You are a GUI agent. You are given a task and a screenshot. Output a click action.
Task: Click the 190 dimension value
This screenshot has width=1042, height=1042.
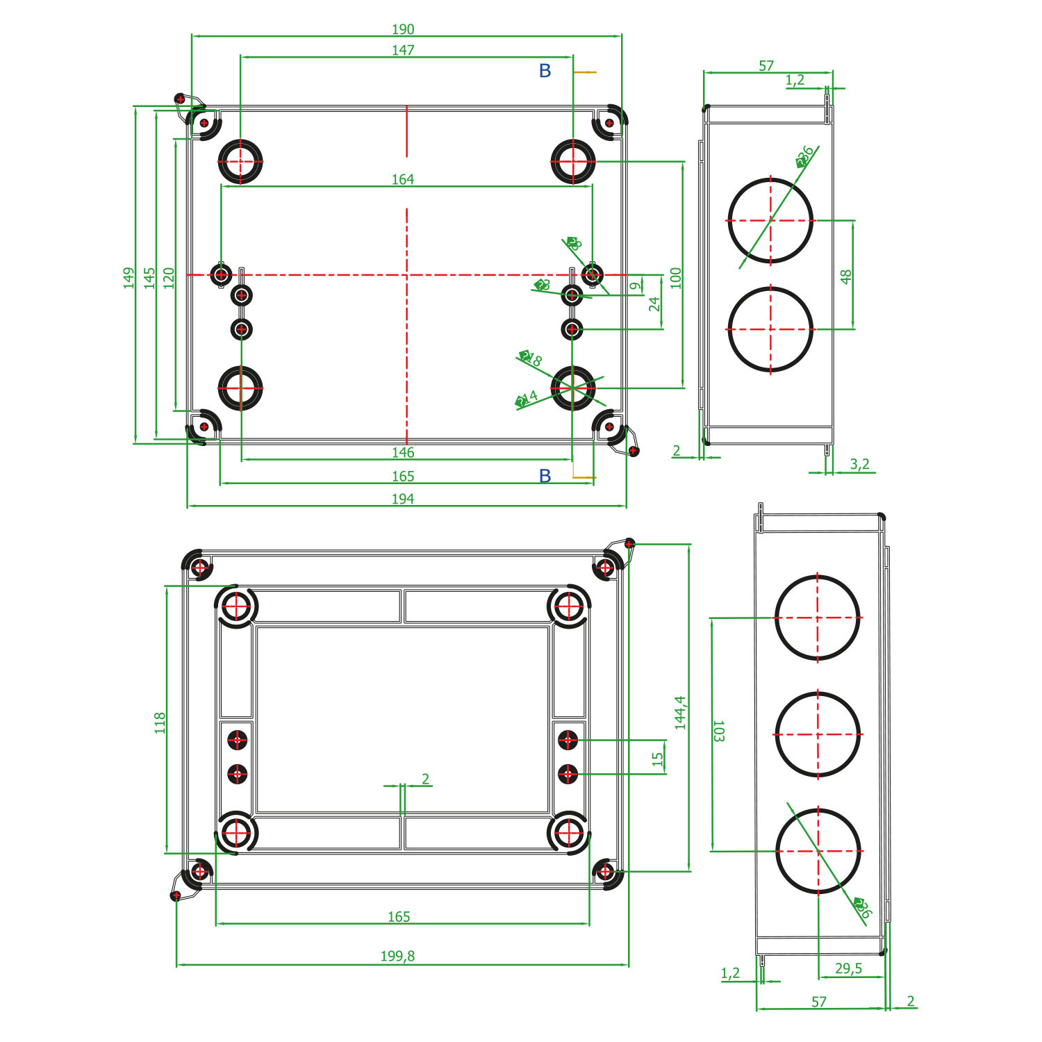tap(403, 29)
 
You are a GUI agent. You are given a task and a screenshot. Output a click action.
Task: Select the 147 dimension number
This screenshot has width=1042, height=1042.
tap(403, 50)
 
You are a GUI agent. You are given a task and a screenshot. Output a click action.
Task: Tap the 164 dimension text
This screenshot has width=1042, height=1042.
tap(403, 179)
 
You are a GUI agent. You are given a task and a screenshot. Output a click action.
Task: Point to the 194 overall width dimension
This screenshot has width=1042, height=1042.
tap(403, 499)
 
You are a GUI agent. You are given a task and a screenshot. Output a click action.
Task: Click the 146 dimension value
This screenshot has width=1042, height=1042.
tap(403, 452)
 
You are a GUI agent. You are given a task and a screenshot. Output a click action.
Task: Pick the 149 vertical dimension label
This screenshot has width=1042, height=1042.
tap(129, 278)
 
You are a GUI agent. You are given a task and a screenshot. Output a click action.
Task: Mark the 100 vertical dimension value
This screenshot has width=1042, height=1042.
tap(676, 278)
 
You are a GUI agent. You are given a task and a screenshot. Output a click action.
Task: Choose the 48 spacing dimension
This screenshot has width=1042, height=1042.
tap(845, 276)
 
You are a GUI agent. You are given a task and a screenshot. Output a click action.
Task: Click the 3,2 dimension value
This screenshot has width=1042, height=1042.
tap(860, 464)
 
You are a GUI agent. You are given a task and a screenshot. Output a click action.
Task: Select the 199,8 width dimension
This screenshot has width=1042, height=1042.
tap(397, 956)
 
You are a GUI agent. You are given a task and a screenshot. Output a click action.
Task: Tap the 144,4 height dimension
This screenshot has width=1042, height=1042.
tap(680, 712)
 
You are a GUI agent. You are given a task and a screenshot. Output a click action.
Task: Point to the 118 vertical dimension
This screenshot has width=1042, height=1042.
tap(160, 722)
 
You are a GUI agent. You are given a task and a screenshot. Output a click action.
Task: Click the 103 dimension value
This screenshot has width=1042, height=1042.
tap(719, 731)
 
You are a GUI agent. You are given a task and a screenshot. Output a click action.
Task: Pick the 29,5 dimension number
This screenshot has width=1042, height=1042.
tap(848, 968)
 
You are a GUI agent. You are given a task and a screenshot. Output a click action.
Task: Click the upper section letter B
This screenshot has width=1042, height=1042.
tap(545, 71)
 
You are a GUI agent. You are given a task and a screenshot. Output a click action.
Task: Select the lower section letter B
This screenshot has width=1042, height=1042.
tap(545, 476)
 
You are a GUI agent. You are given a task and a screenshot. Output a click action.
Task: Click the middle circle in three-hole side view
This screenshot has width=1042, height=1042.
tap(818, 734)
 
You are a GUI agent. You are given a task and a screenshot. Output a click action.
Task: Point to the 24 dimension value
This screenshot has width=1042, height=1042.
tap(654, 304)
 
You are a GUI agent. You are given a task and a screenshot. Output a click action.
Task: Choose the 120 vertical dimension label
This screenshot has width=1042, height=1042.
tap(169, 278)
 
